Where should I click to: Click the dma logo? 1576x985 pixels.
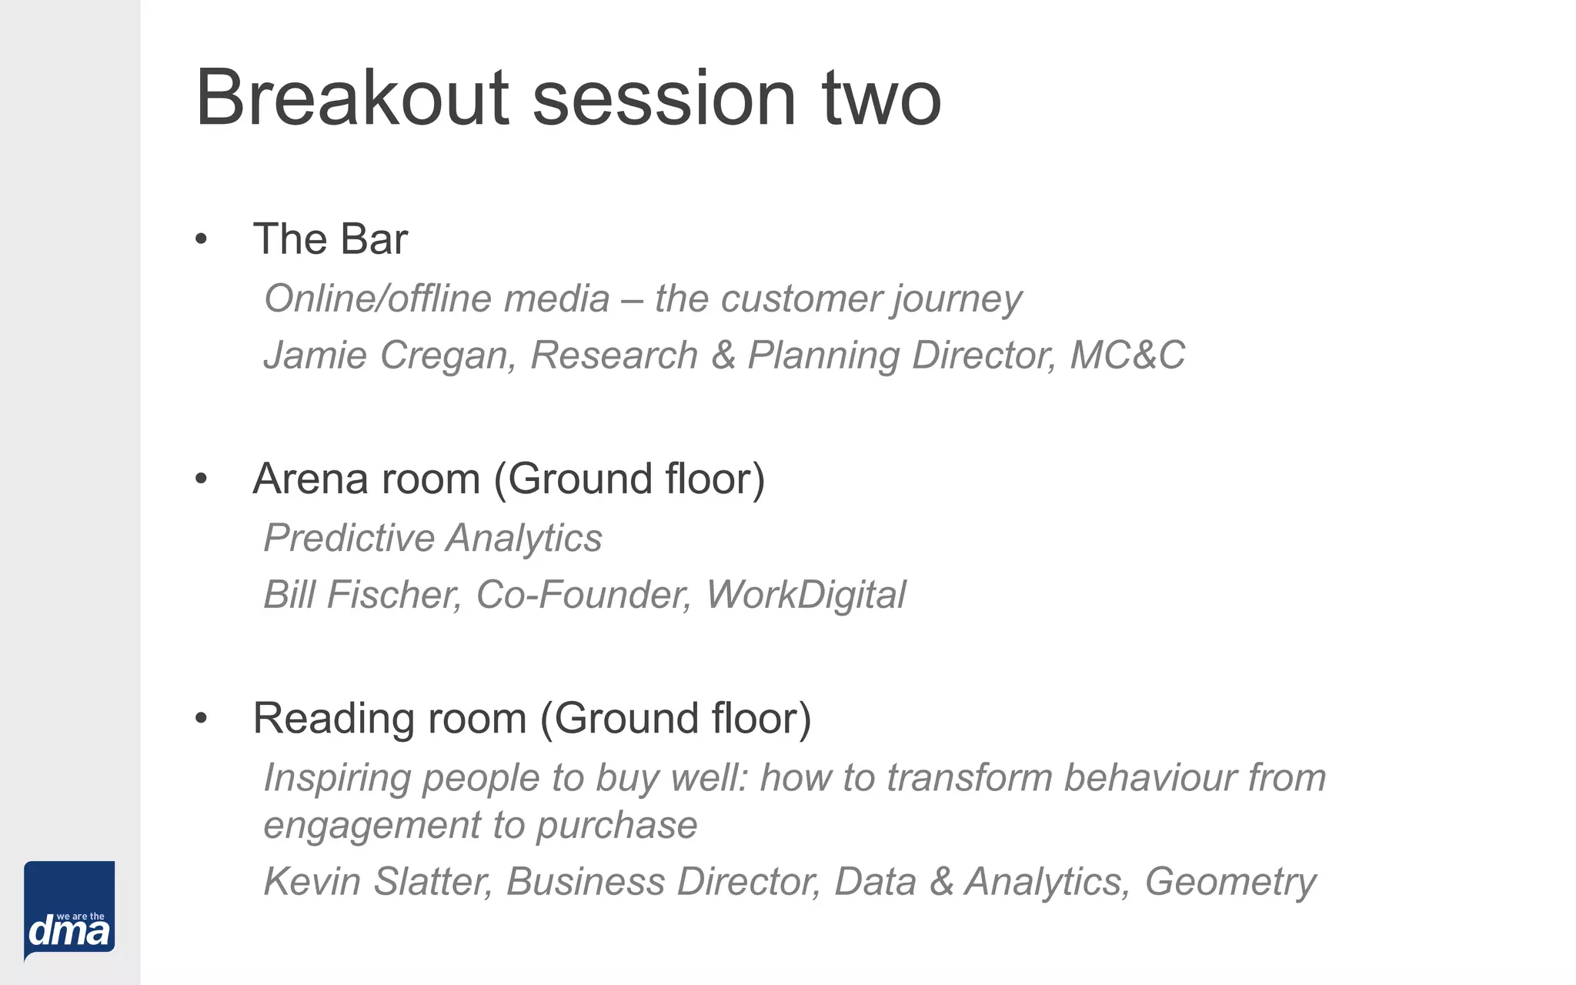coord(69,911)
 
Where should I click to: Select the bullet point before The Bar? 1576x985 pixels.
coord(202,239)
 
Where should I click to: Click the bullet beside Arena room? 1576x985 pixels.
coord(202,479)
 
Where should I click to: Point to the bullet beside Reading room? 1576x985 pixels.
coord(202,719)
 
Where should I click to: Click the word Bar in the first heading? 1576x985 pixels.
coord(374,239)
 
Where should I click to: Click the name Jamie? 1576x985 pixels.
coord(315,356)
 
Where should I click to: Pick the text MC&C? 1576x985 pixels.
coord(1127,356)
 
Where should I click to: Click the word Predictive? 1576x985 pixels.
coord(349,538)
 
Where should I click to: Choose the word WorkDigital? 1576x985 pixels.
coord(806,595)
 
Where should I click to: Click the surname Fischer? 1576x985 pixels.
coord(393,595)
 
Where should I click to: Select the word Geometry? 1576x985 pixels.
coord(1230,882)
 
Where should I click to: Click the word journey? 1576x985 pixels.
coord(957,299)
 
